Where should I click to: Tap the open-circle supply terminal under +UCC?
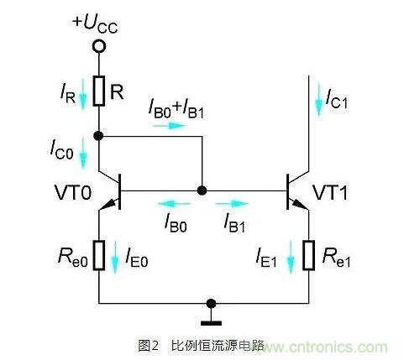click(99, 46)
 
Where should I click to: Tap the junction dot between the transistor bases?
click(202, 191)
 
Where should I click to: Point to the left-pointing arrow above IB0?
click(175, 203)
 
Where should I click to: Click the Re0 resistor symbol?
click(99, 255)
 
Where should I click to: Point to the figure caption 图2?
click(150, 345)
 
